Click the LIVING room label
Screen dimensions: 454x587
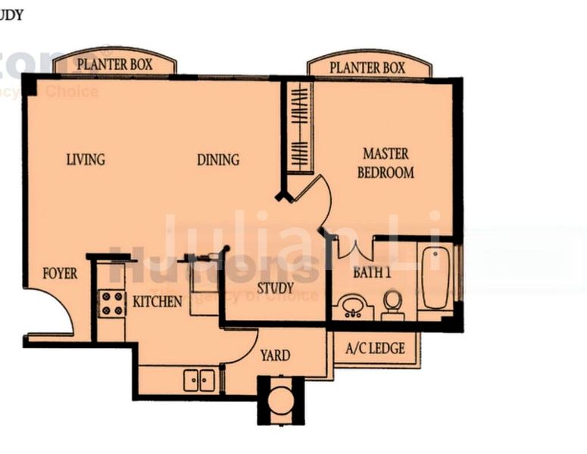point(86,160)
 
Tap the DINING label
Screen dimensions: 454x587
point(218,160)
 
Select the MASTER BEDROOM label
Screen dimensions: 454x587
point(386,163)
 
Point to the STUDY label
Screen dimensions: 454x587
point(275,288)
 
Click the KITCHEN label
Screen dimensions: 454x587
point(158,301)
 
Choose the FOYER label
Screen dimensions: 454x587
point(59,273)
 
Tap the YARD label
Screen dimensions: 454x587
point(275,355)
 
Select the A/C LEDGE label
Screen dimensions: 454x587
point(375,349)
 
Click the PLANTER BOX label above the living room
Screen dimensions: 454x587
point(114,64)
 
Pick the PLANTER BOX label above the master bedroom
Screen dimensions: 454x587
point(369,67)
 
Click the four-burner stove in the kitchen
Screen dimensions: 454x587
point(112,303)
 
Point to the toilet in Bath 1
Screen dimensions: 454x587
point(392,303)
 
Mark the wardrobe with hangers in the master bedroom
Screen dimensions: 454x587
point(301,127)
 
